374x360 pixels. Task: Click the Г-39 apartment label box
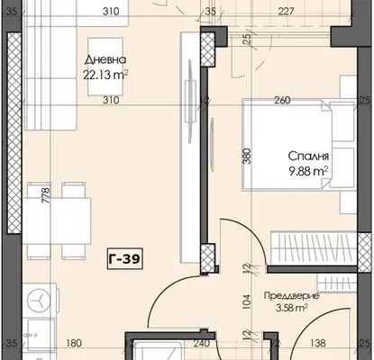pos(124,258)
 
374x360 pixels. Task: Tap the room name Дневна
pos(105,60)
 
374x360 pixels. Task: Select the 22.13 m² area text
pos(105,75)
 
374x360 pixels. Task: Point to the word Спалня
pos(308,157)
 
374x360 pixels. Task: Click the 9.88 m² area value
pos(308,171)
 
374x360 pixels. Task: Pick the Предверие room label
pos(291,296)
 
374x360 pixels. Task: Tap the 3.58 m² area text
pos(291,308)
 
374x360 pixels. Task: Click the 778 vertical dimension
pos(46,195)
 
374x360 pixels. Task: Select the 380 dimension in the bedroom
pos(246,156)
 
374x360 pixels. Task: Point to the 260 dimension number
pos(282,100)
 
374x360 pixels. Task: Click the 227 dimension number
pos(286,12)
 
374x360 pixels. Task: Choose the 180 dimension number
pos(74,343)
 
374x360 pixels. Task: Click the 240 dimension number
pos(201,343)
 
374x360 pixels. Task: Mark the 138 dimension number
pos(318,343)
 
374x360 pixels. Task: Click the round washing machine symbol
pos(40,301)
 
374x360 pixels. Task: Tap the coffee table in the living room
pos(105,67)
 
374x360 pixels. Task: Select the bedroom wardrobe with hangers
pos(314,247)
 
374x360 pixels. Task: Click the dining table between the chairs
pos(57,221)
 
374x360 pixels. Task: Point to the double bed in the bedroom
pos(299,145)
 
